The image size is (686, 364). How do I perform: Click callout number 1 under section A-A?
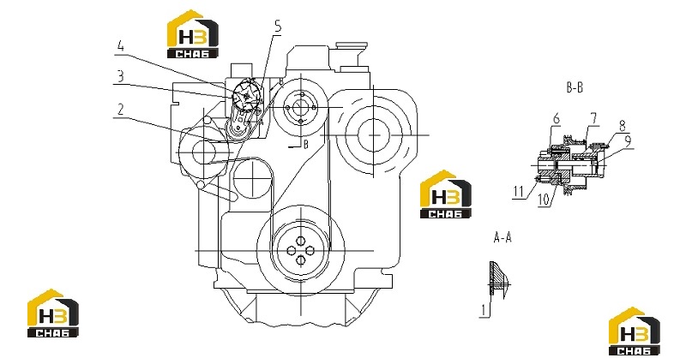tap(484, 310)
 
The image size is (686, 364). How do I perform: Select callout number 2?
tap(120, 110)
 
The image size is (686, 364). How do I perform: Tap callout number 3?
tap(120, 77)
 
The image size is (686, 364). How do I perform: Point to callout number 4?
tap(121, 46)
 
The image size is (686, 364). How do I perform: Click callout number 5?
tap(278, 27)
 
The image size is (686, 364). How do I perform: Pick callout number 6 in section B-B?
tap(557, 118)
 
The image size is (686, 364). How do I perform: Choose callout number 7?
tap(593, 118)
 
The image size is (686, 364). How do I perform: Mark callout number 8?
tap(623, 125)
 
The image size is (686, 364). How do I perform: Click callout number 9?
tap(628, 140)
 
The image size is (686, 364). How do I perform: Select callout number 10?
tap(544, 200)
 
